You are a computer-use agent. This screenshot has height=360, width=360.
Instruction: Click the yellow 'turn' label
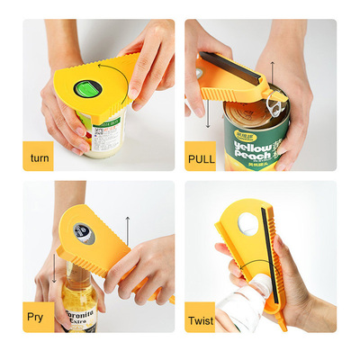tap(39, 158)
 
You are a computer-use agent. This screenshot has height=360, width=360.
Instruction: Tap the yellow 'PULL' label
tap(201, 158)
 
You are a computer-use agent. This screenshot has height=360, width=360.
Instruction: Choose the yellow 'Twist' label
tap(201, 319)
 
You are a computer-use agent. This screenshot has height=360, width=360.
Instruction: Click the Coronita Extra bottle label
tap(79, 319)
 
